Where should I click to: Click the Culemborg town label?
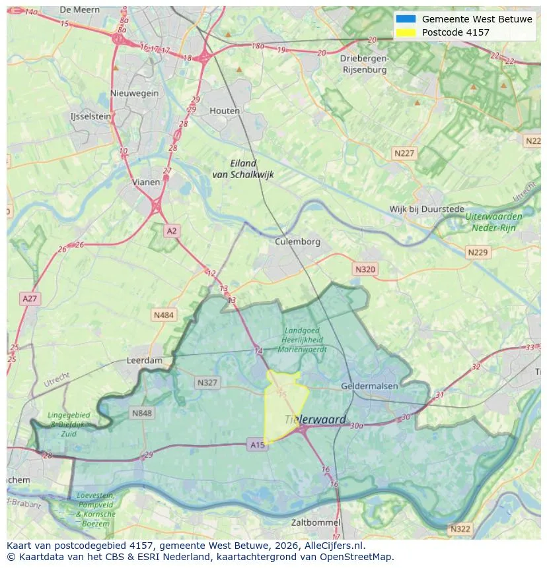click(x=297, y=241)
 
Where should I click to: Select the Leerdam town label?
click(x=144, y=361)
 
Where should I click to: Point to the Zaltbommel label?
click(x=316, y=522)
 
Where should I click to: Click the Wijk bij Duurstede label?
click(x=427, y=209)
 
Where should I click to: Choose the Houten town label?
click(x=225, y=111)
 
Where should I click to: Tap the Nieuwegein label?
click(x=135, y=93)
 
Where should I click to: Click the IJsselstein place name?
click(x=91, y=116)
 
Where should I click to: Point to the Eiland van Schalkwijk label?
click(x=243, y=169)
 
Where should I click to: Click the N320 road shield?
click(x=365, y=269)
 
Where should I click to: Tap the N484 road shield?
click(x=164, y=315)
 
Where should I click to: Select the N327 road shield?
click(x=207, y=383)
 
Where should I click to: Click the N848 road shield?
click(x=141, y=414)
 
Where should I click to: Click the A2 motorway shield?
click(x=172, y=231)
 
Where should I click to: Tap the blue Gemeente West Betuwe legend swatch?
click(x=406, y=19)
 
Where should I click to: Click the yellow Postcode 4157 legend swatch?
click(x=406, y=32)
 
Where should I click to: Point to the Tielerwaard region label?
click(x=315, y=420)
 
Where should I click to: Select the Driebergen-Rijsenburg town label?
click(x=363, y=63)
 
